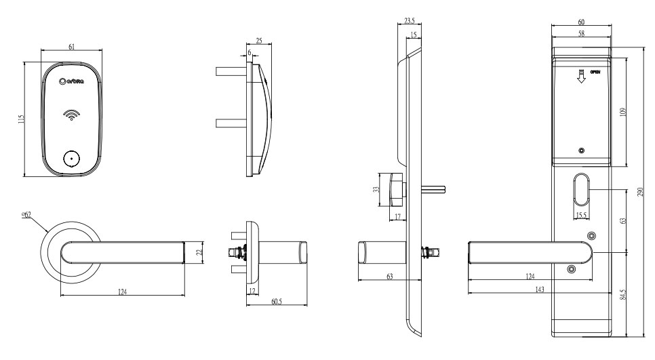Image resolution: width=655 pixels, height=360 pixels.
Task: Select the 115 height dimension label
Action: pos(21,119)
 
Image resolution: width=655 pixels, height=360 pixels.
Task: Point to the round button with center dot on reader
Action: pos(71,159)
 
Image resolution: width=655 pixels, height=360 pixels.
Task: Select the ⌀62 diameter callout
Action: pos(26,215)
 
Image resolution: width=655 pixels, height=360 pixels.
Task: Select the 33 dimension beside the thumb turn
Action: pos(378,191)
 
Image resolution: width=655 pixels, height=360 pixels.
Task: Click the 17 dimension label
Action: pos(397,216)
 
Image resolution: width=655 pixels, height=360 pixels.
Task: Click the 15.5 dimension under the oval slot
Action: pos(580,215)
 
